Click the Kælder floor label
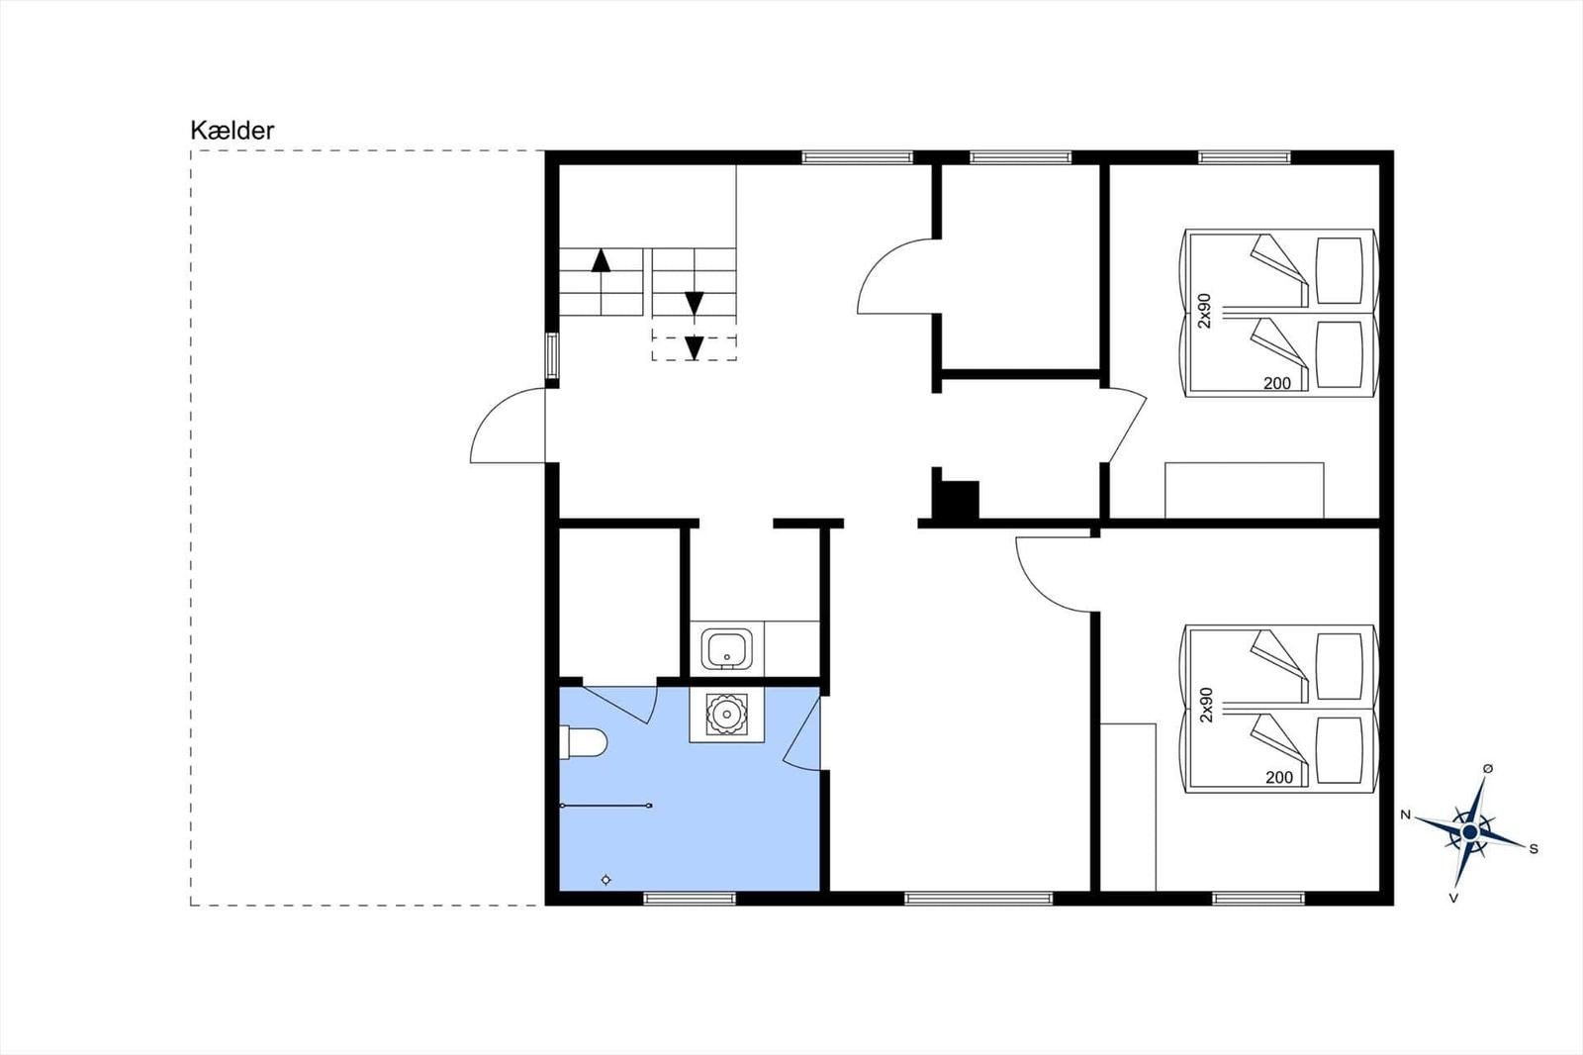[x=232, y=131]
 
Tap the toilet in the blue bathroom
[x=583, y=742]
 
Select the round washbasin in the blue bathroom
[x=726, y=715]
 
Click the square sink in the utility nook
[x=726, y=649]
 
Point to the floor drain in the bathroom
[x=605, y=880]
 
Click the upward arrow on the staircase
[x=601, y=260]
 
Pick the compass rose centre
[x=1470, y=832]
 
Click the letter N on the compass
[x=1406, y=815]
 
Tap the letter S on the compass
[x=1534, y=849]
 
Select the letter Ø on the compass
[x=1488, y=769]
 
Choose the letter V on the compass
[x=1453, y=898]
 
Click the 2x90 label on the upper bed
[x=1205, y=311]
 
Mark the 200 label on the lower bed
[x=1279, y=778]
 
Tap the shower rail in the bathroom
[x=605, y=806]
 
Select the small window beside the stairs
[x=552, y=356]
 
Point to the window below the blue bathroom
[x=690, y=899]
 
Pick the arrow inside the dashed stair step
[x=695, y=348]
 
